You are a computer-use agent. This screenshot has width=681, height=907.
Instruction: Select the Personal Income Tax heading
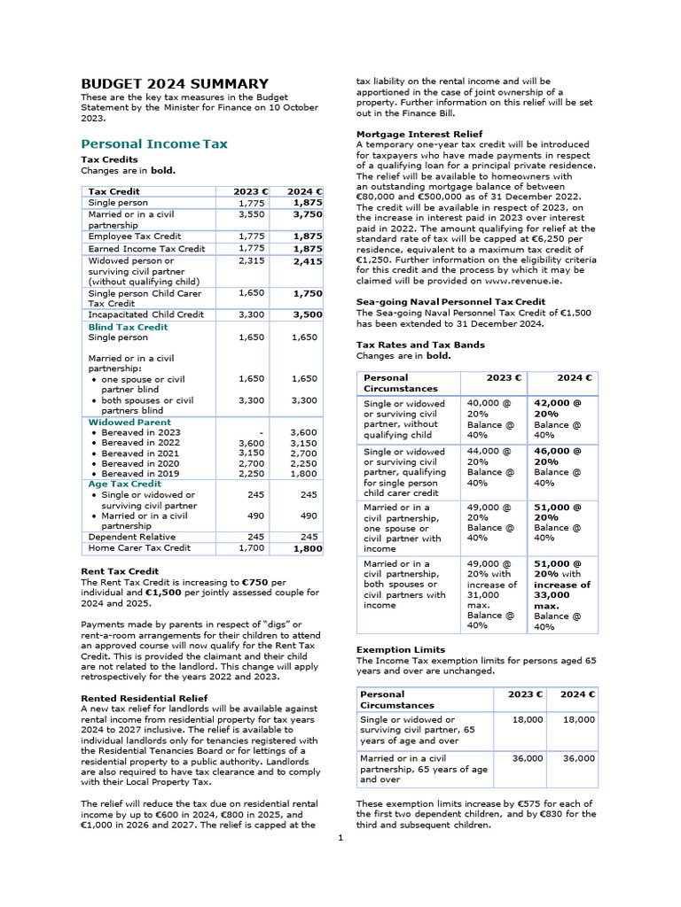pos(154,143)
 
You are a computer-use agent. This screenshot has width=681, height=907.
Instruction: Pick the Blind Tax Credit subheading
pos(128,327)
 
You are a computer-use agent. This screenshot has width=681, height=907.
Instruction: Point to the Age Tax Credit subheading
pos(124,484)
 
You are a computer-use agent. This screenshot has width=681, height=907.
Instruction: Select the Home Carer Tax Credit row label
pos(139,548)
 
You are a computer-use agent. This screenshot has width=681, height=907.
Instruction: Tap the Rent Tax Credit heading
pos(120,571)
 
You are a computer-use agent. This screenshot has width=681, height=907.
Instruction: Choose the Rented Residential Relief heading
pos(144,698)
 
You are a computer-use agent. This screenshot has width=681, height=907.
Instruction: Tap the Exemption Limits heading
pos(401,649)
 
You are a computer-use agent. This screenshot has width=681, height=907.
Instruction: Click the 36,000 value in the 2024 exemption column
pos(579,759)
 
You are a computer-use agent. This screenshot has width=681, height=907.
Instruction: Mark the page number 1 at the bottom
pos(340,839)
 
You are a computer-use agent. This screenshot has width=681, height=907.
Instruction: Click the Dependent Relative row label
pos(131,537)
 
